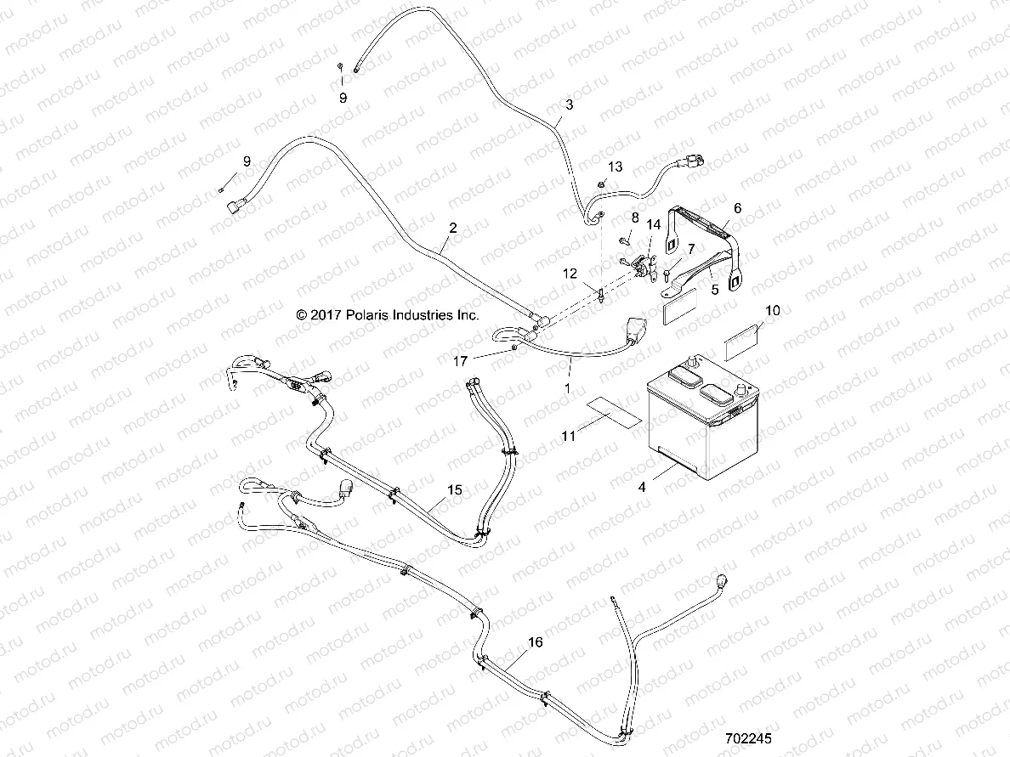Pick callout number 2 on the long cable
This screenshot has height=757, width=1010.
pos(452,228)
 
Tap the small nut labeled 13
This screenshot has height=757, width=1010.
pos(602,183)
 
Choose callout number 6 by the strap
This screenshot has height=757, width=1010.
pos(737,207)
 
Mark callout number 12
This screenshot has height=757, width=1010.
pos(570,274)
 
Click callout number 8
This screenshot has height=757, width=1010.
pos(633,218)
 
